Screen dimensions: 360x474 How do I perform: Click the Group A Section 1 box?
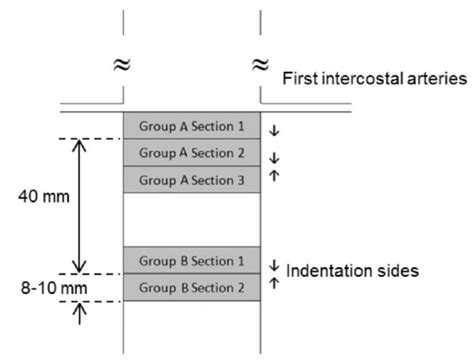pos(191,125)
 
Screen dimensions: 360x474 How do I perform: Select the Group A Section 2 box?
pos(191,152)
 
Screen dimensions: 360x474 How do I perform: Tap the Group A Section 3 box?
pos(191,179)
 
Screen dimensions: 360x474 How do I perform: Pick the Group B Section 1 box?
pos(191,260)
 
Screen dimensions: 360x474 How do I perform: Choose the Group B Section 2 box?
pos(191,287)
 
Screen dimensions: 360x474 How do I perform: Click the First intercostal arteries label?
pos(373,76)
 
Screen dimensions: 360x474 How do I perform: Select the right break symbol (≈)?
pos(260,65)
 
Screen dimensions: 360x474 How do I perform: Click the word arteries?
pos(431,76)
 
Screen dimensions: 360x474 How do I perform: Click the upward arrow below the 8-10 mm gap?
pos(81,311)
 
